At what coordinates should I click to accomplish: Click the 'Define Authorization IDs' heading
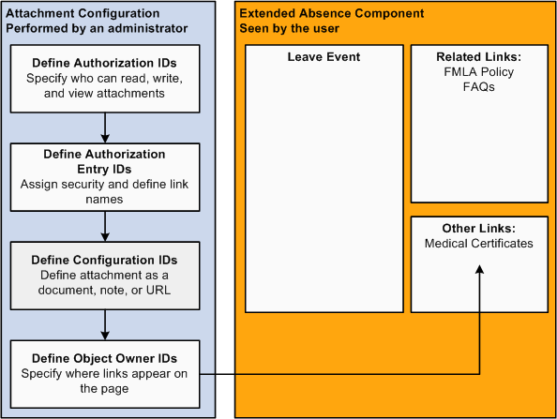(104, 62)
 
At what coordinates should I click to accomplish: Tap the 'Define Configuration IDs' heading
(104, 260)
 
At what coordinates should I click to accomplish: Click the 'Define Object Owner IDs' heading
(104, 358)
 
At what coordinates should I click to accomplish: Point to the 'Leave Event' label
(324, 57)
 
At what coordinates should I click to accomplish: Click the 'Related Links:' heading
(479, 57)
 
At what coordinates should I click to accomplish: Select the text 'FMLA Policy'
(479, 72)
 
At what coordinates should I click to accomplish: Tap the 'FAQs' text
(479, 86)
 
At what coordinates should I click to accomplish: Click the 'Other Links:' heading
(479, 229)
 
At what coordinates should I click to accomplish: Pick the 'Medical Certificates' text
(479, 244)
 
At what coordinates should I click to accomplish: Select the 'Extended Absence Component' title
(331, 14)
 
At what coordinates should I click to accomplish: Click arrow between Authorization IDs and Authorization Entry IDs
(105, 127)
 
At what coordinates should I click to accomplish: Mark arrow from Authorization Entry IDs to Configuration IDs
(105, 225)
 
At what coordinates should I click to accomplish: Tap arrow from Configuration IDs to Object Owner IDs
(105, 324)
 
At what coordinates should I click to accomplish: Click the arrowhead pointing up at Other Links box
(479, 269)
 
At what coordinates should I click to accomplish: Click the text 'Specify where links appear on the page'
(104, 380)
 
